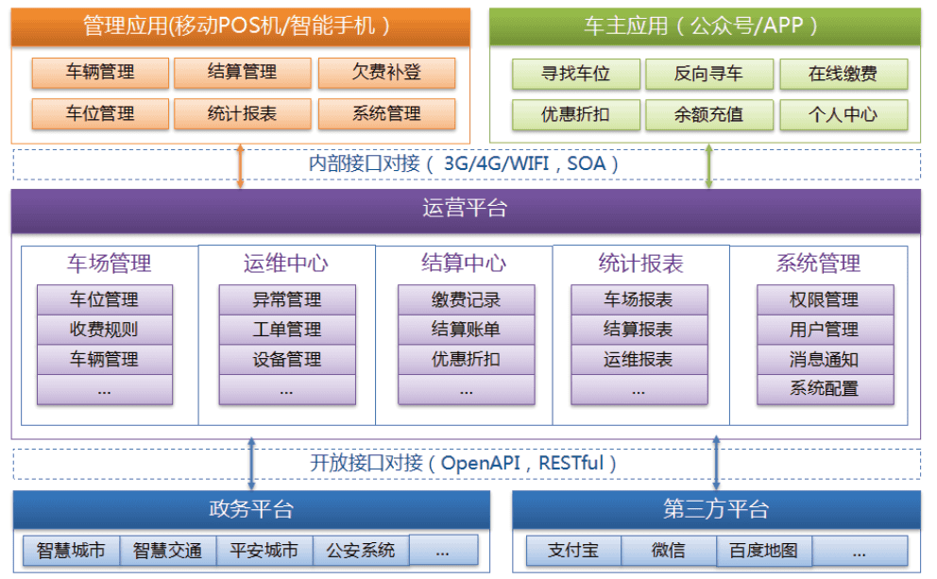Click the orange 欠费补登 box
[386, 73]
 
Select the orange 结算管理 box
[242, 73]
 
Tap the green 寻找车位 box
[575, 74]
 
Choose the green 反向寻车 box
[708, 74]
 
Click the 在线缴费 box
[843, 74]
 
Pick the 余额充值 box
[708, 114]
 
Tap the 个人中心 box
[843, 114]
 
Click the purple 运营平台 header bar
[466, 211]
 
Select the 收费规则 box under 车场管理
[105, 330]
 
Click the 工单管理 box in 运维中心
[287, 330]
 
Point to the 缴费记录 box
[466, 299]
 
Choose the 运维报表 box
[639, 359]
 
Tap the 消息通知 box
[825, 359]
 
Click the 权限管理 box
[825, 299]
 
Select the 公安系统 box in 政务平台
[361, 550]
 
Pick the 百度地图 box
[764, 550]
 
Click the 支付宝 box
[573, 550]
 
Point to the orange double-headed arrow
[240, 165]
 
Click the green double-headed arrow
[708, 165]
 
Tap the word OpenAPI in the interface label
[481, 463]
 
